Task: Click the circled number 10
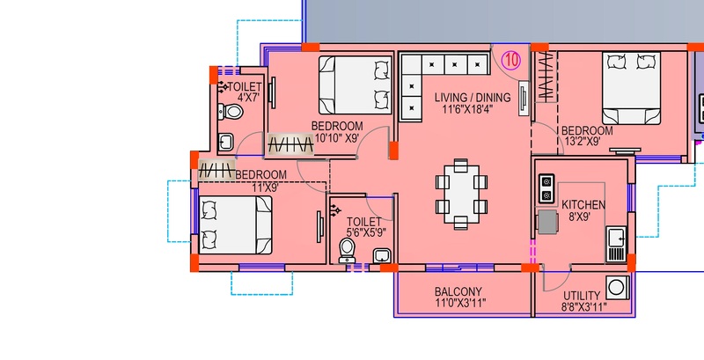tap(510, 60)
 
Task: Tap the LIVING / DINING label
tap(473, 98)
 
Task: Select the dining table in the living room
tap(461, 194)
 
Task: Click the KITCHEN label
tap(583, 205)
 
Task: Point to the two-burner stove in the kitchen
tap(546, 188)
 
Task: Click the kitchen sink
tap(615, 244)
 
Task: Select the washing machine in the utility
tap(618, 288)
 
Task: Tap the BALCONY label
tap(458, 291)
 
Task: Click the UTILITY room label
tap(582, 296)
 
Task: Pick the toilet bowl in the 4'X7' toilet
tap(231, 112)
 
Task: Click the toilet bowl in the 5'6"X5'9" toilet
tap(347, 251)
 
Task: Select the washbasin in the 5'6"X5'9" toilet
tap(382, 255)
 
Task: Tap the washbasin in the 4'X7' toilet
tap(225, 143)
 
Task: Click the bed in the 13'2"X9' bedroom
tap(631, 88)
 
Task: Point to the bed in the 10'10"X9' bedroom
tap(356, 84)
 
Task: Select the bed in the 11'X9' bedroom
tap(235, 224)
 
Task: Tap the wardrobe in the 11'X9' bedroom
tap(216, 170)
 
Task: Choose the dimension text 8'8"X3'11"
tap(583, 307)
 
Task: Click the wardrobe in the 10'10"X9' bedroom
tap(290, 145)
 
